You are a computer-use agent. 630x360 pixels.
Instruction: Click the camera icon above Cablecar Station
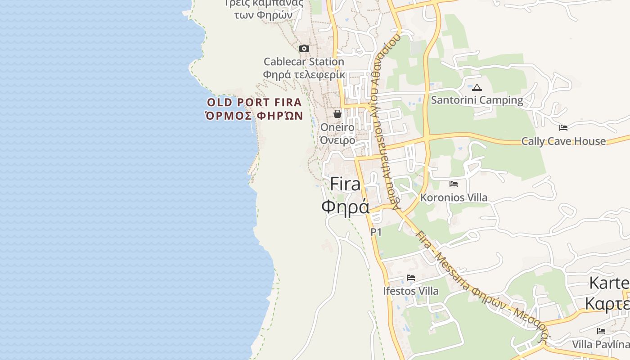click(x=304, y=48)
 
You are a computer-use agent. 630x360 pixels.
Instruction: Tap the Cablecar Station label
click(x=304, y=62)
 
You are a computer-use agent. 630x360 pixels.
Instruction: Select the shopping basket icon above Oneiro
click(x=337, y=114)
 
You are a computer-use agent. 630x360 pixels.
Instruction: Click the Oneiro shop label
click(x=337, y=127)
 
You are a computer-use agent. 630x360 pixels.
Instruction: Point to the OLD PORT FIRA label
click(x=254, y=102)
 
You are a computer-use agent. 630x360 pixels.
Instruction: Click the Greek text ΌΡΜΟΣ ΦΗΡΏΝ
click(x=254, y=116)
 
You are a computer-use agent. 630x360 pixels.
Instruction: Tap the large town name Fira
click(x=345, y=184)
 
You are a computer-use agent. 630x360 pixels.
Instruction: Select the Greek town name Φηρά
click(x=345, y=206)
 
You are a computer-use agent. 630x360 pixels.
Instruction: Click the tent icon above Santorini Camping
click(x=477, y=87)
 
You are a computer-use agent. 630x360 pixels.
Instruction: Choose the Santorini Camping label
click(x=477, y=100)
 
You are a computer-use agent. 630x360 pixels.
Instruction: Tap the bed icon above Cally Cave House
click(x=563, y=128)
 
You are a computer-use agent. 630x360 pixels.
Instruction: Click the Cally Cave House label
click(x=563, y=141)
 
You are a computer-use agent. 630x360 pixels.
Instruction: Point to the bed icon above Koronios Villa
click(x=454, y=184)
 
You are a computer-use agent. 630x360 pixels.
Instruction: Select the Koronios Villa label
click(x=454, y=198)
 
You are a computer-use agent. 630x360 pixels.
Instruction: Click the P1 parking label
click(x=376, y=232)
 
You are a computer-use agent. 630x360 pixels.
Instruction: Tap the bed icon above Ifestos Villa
click(x=411, y=278)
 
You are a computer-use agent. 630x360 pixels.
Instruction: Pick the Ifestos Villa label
click(x=411, y=291)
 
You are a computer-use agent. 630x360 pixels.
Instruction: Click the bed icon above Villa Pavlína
click(x=601, y=331)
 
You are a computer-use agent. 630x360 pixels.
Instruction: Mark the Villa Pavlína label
click(x=601, y=345)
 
